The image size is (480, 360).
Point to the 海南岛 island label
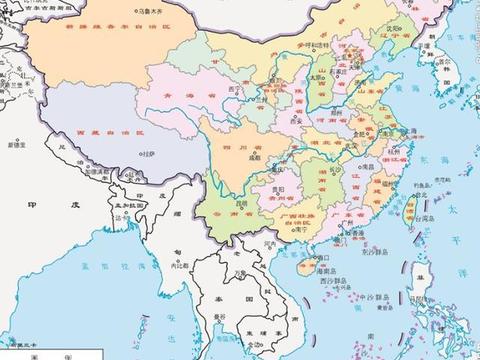point(318,268)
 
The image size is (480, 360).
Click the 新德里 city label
point(17,146)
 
